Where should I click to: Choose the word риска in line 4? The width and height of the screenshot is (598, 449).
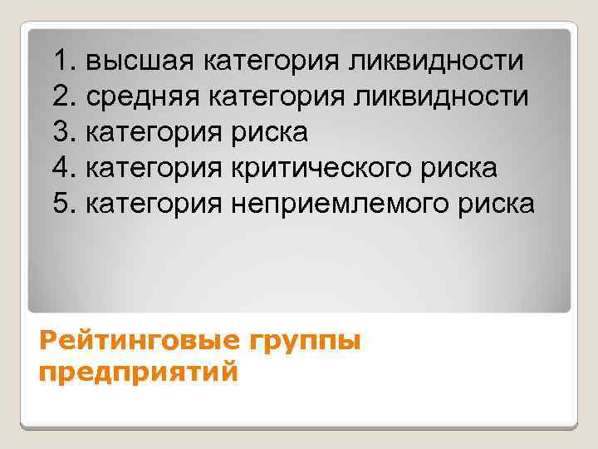tap(460, 168)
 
